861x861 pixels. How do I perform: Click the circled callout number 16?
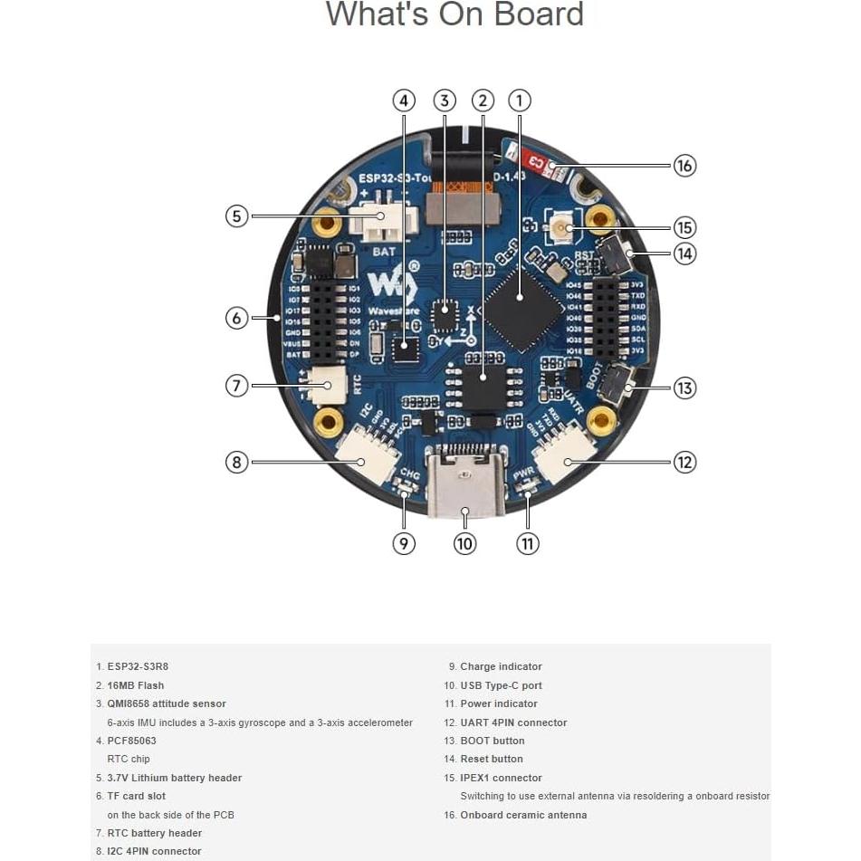click(x=684, y=165)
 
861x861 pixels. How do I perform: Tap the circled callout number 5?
click(x=236, y=216)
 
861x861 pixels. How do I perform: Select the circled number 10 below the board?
click(x=464, y=543)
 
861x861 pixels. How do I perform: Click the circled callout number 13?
click(x=684, y=387)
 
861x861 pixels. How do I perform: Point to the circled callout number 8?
click(x=236, y=462)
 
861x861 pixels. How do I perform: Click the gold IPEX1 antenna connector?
click(x=565, y=227)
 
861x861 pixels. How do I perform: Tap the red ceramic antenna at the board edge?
click(x=539, y=163)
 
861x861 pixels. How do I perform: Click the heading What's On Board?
click(x=454, y=14)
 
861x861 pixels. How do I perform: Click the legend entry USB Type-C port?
click(x=501, y=685)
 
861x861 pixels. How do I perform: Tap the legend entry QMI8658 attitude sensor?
click(x=167, y=703)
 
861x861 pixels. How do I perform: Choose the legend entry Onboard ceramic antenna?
click(x=523, y=815)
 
